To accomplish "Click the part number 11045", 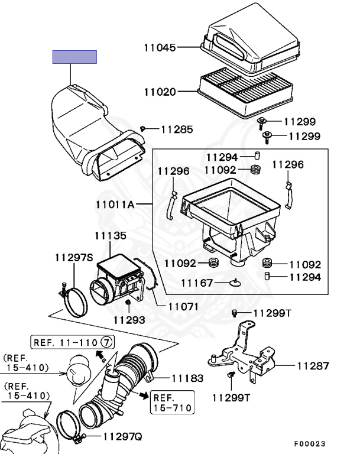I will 160,47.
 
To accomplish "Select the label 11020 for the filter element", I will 160,92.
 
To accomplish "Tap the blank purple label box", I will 74,57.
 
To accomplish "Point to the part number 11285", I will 176,129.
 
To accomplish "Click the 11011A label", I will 115,205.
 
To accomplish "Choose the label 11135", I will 110,235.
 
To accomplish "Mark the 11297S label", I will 74,257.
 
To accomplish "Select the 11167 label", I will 197,283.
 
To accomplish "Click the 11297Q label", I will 122,437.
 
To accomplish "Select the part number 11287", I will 313,366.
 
